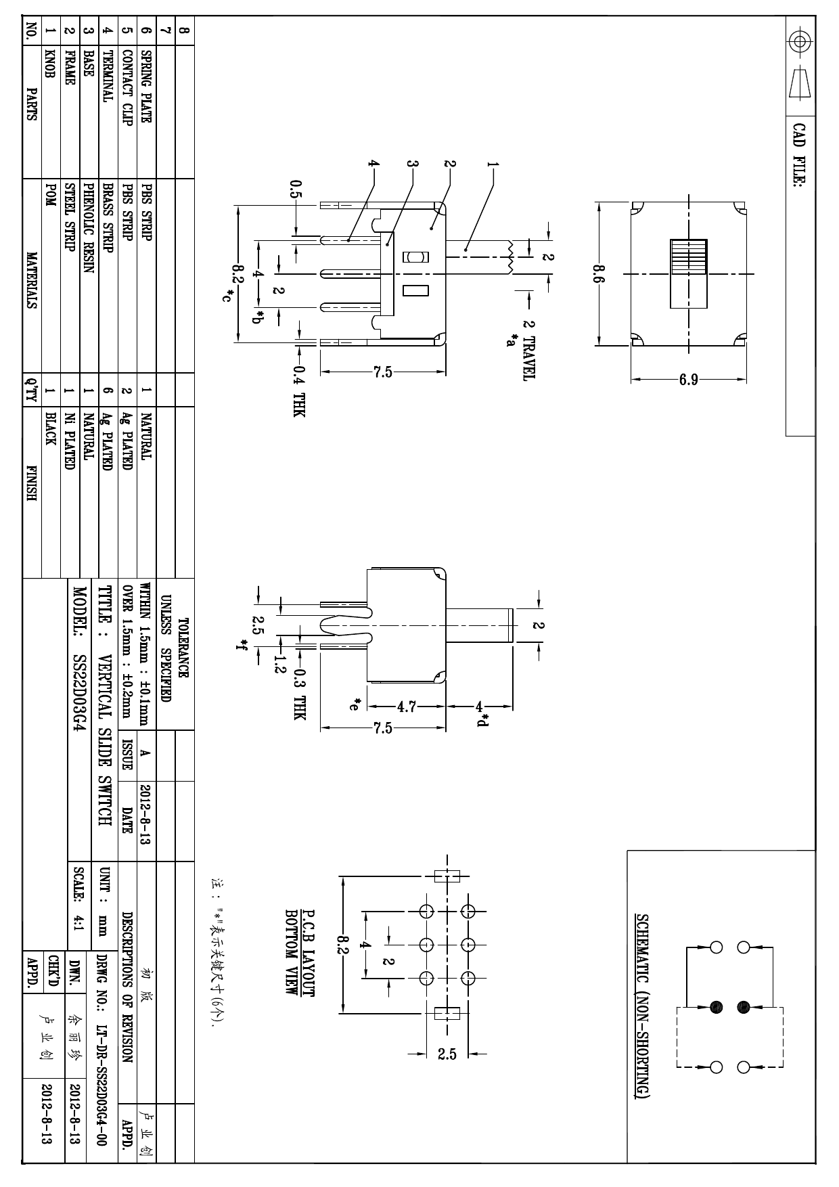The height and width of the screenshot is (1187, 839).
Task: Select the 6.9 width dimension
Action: pyautogui.click(x=689, y=380)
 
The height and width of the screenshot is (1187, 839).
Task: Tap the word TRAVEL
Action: pyautogui.click(x=528, y=359)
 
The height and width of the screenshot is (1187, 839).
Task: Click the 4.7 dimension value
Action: pyautogui.click(x=406, y=707)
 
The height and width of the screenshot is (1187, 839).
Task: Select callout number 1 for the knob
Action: pyautogui.click(x=492, y=164)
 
